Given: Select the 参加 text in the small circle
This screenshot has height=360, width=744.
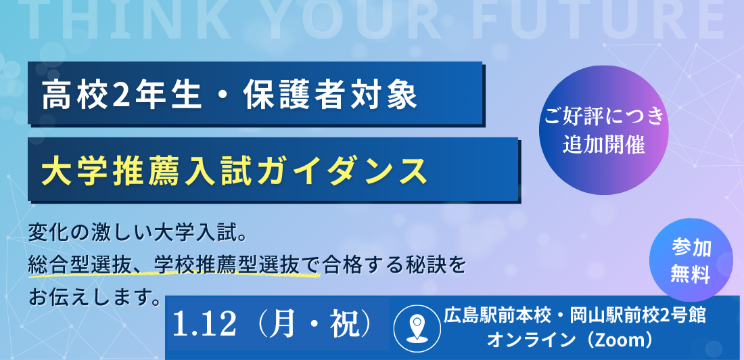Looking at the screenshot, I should tap(691, 248).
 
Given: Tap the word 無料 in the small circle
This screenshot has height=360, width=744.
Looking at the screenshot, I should tap(691, 275).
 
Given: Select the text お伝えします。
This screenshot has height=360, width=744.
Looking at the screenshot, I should tap(95, 296).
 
